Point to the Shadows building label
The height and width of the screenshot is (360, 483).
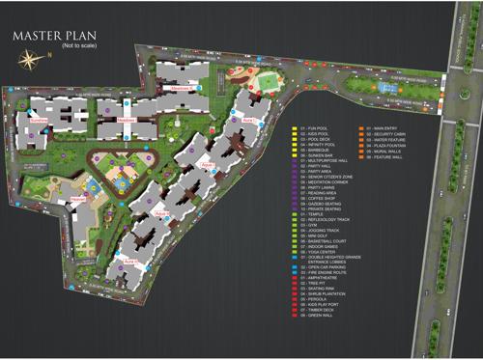coord(126,120)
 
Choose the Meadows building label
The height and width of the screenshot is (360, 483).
coord(181,88)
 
